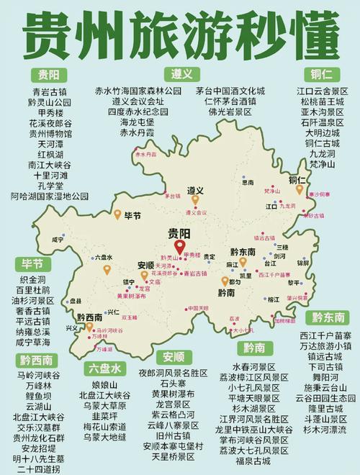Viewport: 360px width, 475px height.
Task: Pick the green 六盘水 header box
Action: [104, 368]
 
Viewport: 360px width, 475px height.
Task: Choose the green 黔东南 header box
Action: [328, 317]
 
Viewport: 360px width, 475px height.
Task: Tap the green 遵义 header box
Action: [181, 74]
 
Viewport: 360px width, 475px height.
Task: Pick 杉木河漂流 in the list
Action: [325, 430]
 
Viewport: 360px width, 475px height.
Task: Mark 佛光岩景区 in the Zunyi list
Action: [219, 113]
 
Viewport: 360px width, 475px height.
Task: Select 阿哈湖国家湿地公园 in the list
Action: [50, 196]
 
